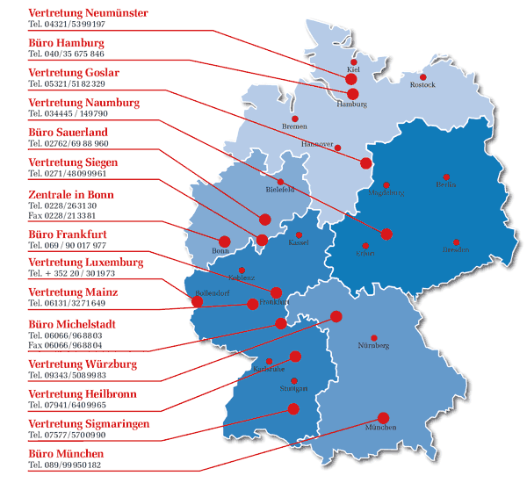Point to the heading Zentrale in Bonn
tap(71, 194)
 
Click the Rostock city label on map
tap(422, 84)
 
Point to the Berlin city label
tap(446, 185)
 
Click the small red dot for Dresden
tap(456, 242)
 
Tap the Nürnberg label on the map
tap(374, 346)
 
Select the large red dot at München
tap(383, 417)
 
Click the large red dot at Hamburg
tap(353, 93)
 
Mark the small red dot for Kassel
tap(300, 235)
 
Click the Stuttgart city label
tap(293, 388)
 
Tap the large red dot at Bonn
tap(224, 241)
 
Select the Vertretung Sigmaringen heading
tap(89, 424)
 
